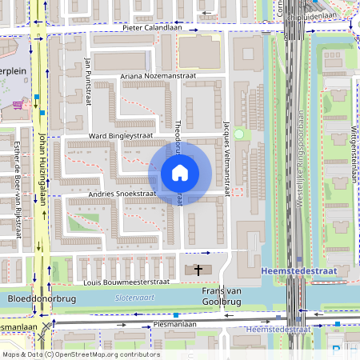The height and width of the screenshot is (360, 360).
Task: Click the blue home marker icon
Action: [x=180, y=172]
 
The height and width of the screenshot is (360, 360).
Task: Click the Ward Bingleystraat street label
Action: [x=120, y=137]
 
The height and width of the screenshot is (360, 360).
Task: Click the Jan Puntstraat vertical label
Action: [x=87, y=82]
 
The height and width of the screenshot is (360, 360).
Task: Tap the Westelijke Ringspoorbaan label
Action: [x=300, y=160]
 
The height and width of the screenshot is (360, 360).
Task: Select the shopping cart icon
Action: [x=17, y=105]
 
